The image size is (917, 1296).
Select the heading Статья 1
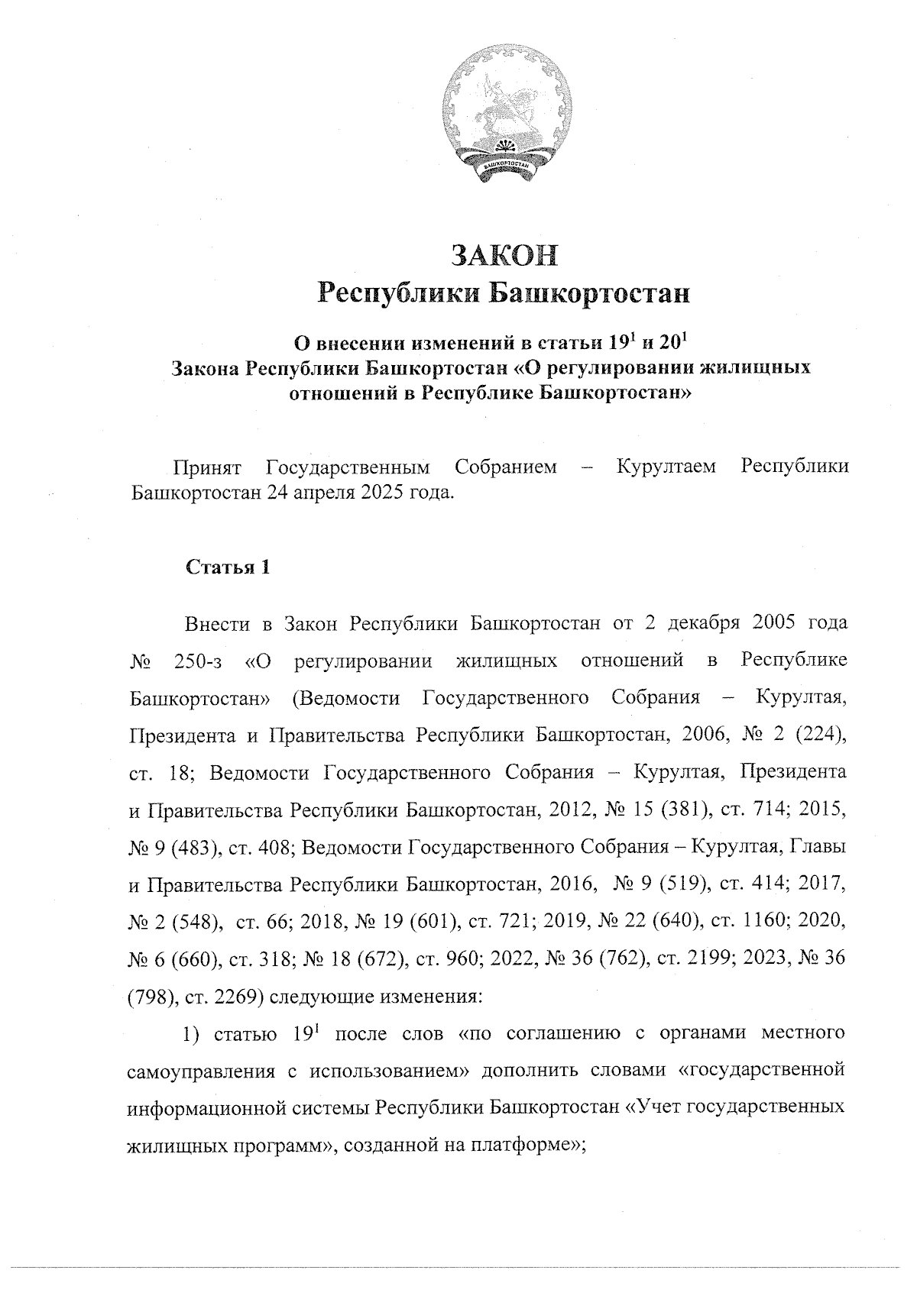[227, 567]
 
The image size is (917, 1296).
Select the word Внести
[217, 624]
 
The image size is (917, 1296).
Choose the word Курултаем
[666, 467]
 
